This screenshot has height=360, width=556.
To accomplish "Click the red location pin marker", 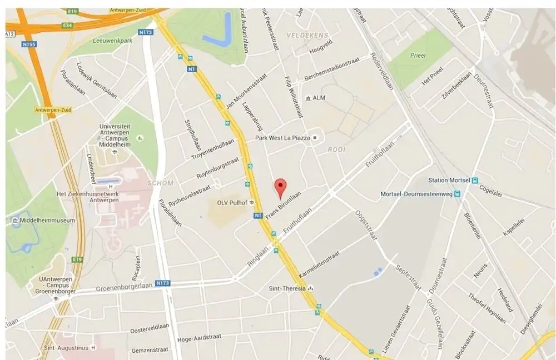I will [x=281, y=188].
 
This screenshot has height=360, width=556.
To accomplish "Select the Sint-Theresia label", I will [x=287, y=288].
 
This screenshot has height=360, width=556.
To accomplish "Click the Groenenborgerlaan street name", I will [x=123, y=287].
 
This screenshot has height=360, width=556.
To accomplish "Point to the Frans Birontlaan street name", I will [x=283, y=204].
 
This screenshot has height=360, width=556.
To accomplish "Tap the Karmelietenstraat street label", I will [x=319, y=266].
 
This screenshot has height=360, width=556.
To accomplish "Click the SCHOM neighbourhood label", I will [x=161, y=183].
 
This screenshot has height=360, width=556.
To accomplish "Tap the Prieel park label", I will [x=416, y=56].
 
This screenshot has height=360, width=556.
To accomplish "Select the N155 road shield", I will [x=29, y=43].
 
